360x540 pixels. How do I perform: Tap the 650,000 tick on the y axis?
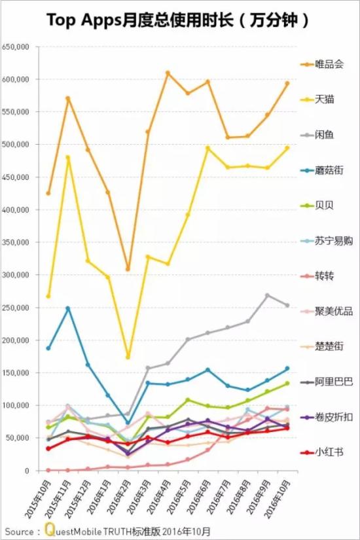click(x=16, y=47)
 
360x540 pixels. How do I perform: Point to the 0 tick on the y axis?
click(x=27, y=471)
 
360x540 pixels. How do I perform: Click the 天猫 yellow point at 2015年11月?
click(x=67, y=157)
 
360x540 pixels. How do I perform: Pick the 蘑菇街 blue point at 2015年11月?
click(x=67, y=308)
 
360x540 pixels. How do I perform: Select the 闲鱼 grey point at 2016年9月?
click(x=267, y=295)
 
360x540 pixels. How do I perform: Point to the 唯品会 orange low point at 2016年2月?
click(x=128, y=269)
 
